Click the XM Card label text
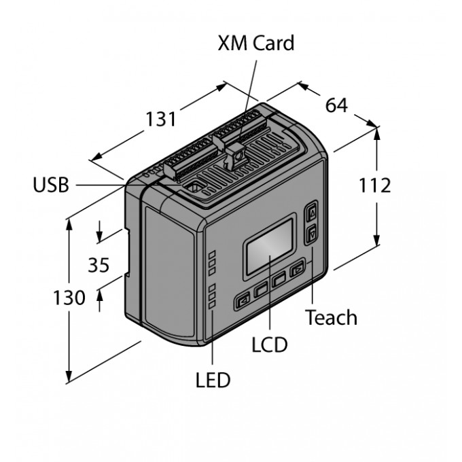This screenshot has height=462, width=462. (255, 43)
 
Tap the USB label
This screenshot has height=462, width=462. (51, 185)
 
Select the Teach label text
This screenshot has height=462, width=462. (331, 317)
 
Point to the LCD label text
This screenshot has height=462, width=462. (269, 344)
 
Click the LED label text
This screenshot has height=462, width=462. (213, 380)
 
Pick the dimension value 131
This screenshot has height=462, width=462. (161, 119)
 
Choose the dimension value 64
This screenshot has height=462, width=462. (336, 105)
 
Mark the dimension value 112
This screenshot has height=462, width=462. (375, 185)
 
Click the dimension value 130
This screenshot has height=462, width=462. (69, 298)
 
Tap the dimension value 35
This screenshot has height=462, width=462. (99, 265)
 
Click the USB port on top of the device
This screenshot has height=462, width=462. (194, 186)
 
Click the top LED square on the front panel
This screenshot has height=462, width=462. (212, 254)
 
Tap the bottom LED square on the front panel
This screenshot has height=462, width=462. (212, 305)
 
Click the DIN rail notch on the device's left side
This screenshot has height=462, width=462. (126, 252)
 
